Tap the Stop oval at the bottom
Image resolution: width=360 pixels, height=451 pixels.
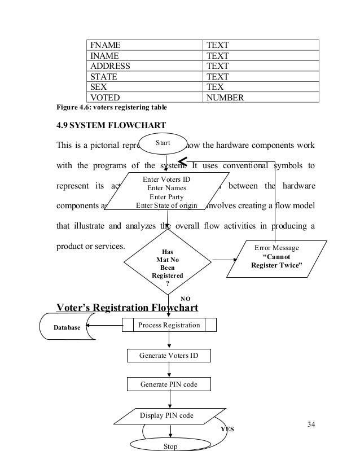(170, 446)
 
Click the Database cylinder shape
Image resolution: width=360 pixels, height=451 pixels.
(68, 326)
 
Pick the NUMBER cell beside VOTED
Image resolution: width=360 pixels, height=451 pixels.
(261, 97)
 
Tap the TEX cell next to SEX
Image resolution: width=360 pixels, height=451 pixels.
(261, 87)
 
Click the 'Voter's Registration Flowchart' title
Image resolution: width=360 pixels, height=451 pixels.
(128, 308)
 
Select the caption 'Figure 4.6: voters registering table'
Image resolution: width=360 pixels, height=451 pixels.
(111, 107)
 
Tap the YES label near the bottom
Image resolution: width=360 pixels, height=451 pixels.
(227, 428)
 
